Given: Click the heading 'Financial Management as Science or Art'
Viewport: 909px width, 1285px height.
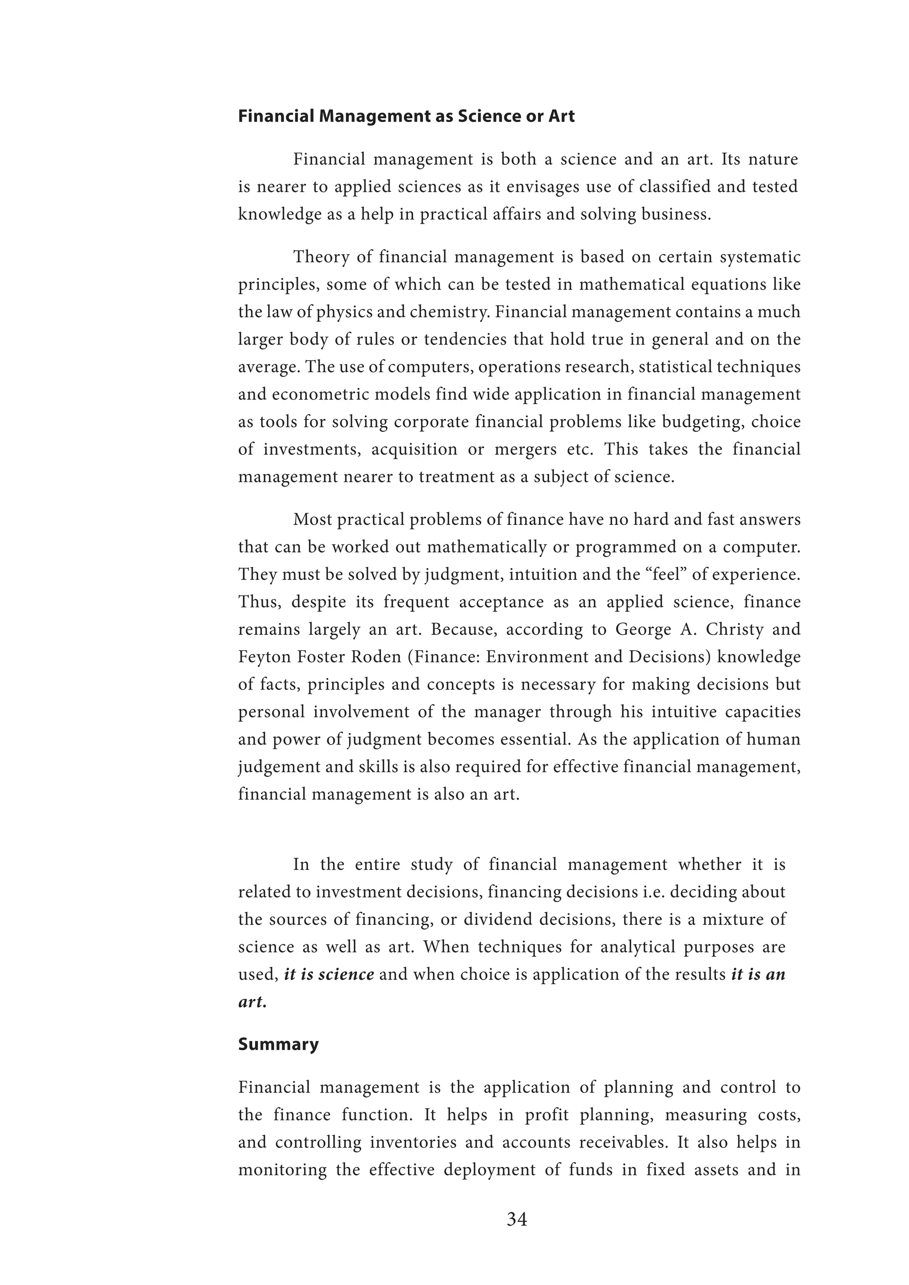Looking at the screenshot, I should (x=407, y=116).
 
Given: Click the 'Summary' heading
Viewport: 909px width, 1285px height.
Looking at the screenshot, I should (x=278, y=1045).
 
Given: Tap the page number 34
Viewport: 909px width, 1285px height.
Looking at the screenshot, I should (x=517, y=1218).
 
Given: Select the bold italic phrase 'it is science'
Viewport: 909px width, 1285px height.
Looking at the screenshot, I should (x=329, y=974).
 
